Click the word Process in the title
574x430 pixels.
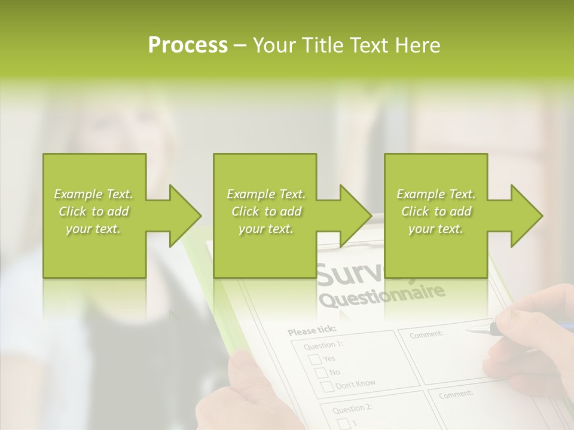point(188,45)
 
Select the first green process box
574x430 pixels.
point(94,215)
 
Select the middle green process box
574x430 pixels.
point(265,215)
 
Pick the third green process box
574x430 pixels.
point(436,215)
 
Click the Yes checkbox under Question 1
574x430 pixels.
point(315,359)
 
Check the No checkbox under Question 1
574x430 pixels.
point(321,373)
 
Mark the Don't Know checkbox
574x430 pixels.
point(328,386)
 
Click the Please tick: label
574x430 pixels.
point(312,330)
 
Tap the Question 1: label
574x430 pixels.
point(323,345)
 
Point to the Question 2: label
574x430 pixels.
point(353,408)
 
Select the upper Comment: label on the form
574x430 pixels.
point(426,334)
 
